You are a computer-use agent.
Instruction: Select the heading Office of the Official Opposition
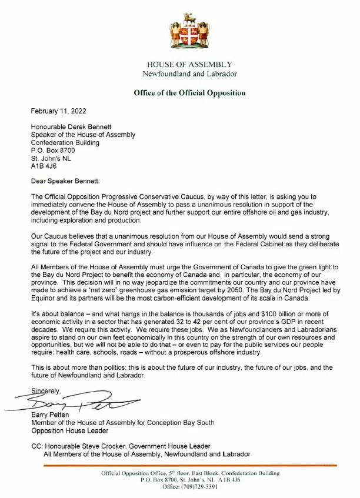coord(189,93)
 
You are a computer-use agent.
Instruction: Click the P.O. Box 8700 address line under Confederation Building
coord(53,151)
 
